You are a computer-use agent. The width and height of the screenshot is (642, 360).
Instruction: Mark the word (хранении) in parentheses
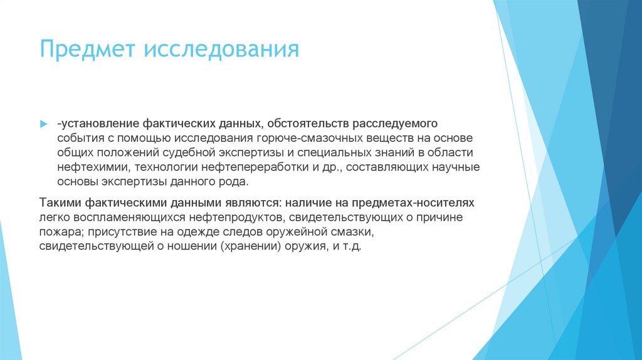coord(250,247)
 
